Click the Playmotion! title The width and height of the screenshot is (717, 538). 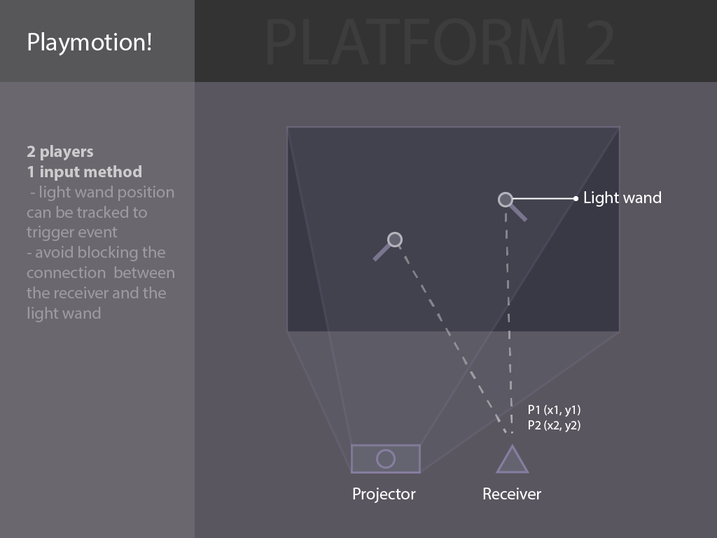point(89,43)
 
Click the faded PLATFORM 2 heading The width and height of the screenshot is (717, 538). point(440,43)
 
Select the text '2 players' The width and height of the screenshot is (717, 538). point(60,152)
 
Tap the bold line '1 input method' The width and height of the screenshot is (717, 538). point(84,172)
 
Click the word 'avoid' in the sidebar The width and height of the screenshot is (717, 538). point(55,252)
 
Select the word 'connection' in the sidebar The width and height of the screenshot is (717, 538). point(67,273)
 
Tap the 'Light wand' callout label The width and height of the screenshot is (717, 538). point(622,198)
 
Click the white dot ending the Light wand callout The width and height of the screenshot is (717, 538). point(576,198)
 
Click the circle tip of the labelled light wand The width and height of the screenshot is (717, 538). point(506,200)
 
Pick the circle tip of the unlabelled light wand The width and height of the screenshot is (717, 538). point(395,240)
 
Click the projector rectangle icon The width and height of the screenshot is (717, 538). point(386,458)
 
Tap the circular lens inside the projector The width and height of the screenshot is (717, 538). point(386,458)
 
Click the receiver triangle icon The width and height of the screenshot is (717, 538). point(512,460)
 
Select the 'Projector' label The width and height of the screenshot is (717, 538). point(384,494)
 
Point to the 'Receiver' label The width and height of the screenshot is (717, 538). point(512,494)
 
